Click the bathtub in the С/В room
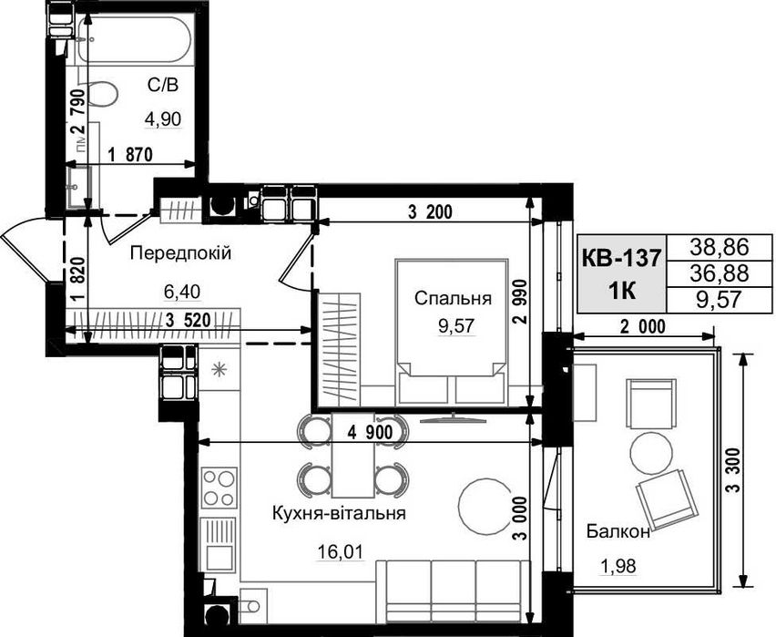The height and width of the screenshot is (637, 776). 134,40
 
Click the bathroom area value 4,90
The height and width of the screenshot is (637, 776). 163,118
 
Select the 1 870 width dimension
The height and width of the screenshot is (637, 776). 130,155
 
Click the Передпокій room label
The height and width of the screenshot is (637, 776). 180,253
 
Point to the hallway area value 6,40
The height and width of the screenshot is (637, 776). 182,292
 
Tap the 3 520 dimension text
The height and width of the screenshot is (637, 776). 189,321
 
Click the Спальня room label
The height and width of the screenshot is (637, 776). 453,299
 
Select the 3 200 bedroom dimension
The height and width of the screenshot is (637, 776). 430,212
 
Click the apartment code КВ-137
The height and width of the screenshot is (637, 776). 621,258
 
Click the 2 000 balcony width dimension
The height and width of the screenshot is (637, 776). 643,327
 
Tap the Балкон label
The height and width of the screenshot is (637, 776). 618,532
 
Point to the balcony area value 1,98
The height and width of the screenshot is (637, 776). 618,565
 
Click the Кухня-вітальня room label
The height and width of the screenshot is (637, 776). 339,513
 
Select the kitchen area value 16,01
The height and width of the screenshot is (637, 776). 341,550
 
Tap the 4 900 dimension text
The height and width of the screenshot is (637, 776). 370,433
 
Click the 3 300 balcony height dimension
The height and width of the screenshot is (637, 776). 734,469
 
